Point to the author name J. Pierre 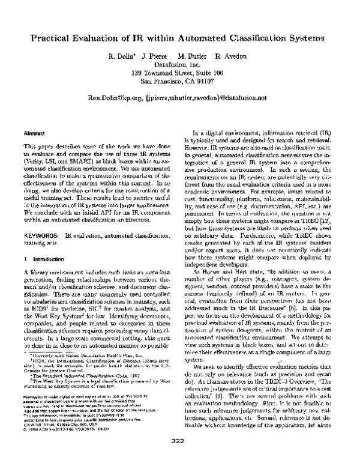[153, 56]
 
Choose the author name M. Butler [188, 56]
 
